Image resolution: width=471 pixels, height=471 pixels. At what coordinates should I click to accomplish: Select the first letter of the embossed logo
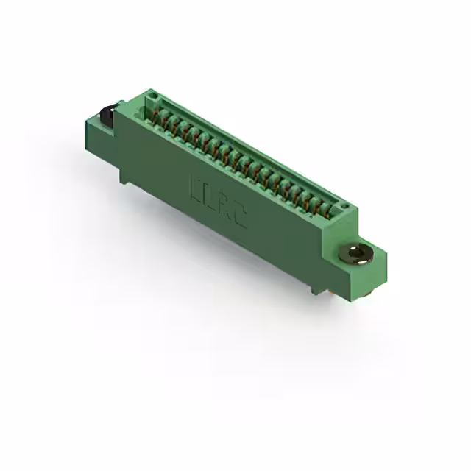[196, 184]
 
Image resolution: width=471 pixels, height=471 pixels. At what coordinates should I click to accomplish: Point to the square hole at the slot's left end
[152, 96]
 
